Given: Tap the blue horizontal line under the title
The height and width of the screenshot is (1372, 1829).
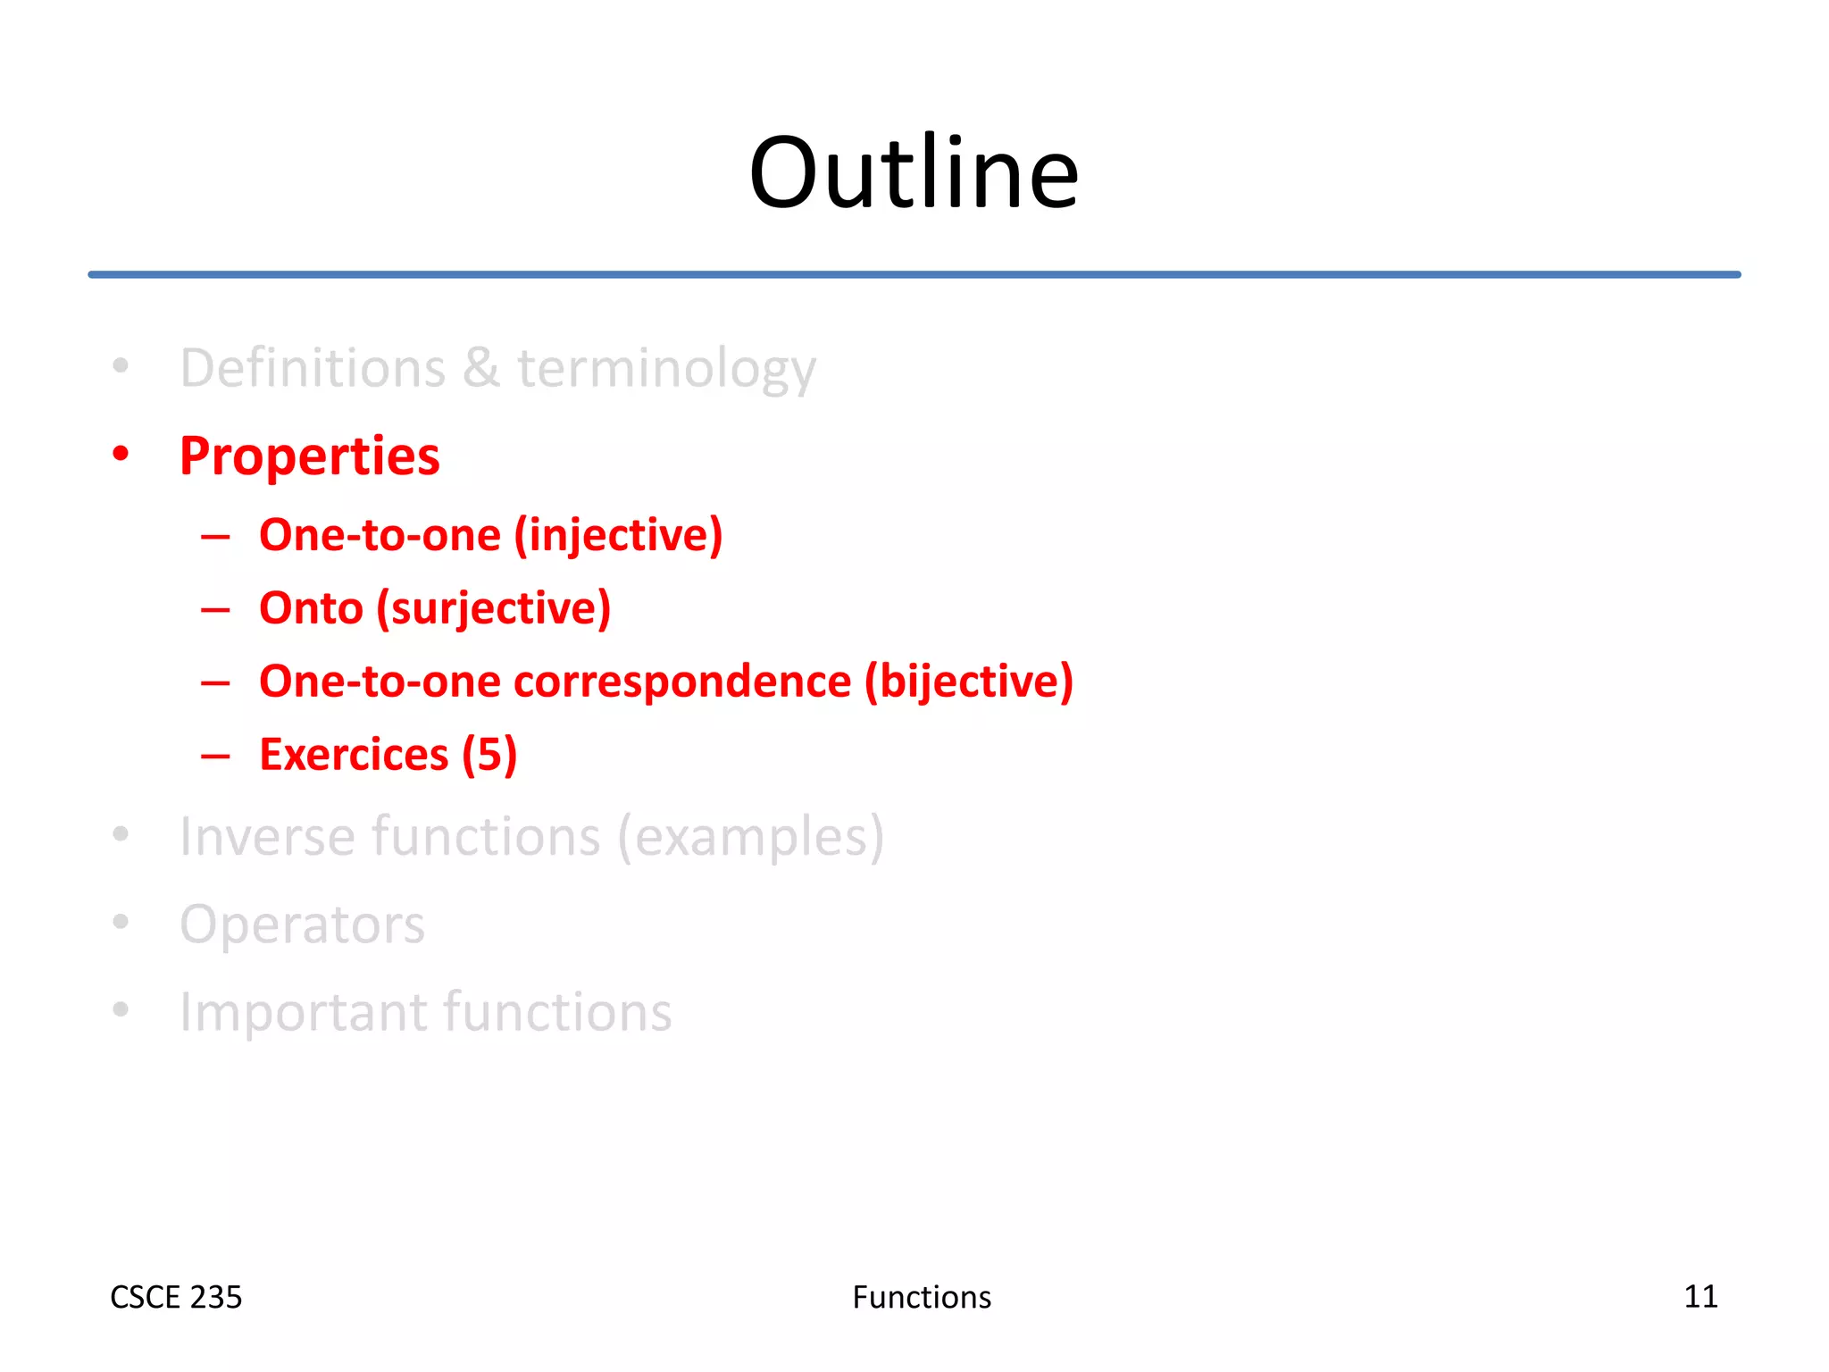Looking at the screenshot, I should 914,274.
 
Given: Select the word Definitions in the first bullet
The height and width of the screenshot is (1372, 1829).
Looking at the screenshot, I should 313,368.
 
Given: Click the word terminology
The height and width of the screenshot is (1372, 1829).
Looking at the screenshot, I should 666,368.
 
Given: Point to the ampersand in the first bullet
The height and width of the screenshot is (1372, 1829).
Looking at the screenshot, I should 480,368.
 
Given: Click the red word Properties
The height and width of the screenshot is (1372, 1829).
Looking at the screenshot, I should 309,456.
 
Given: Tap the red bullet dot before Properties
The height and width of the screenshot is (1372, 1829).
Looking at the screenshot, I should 121,454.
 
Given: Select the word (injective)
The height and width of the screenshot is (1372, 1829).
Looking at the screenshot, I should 618,536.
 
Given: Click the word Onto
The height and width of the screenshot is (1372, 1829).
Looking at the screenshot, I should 311,608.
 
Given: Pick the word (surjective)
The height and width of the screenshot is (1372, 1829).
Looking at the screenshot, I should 493,609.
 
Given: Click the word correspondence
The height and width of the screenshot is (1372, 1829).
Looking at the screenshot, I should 682,682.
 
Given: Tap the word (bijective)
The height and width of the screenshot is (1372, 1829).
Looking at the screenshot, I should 968,682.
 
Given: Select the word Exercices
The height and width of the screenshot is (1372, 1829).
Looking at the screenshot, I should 354,755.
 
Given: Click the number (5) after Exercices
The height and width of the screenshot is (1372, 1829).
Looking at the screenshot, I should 489,755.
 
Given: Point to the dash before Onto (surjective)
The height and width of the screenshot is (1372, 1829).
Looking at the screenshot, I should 215,610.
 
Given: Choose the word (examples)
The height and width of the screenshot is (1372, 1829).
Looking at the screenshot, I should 751,837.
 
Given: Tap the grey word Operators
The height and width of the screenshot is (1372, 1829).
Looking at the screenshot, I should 302,924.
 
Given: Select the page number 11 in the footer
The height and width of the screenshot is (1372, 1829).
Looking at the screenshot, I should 1700,1296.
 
